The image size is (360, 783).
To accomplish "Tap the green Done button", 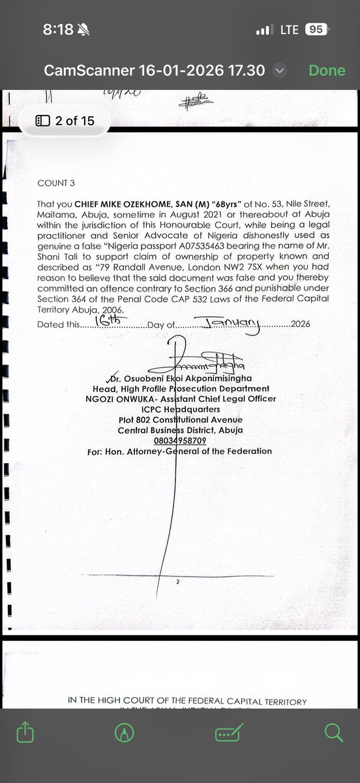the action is point(327,70).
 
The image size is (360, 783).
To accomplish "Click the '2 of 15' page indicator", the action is point(65,121).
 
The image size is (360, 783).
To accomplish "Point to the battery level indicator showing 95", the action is point(316,29).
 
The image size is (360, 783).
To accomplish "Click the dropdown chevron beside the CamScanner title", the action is point(279,70).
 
